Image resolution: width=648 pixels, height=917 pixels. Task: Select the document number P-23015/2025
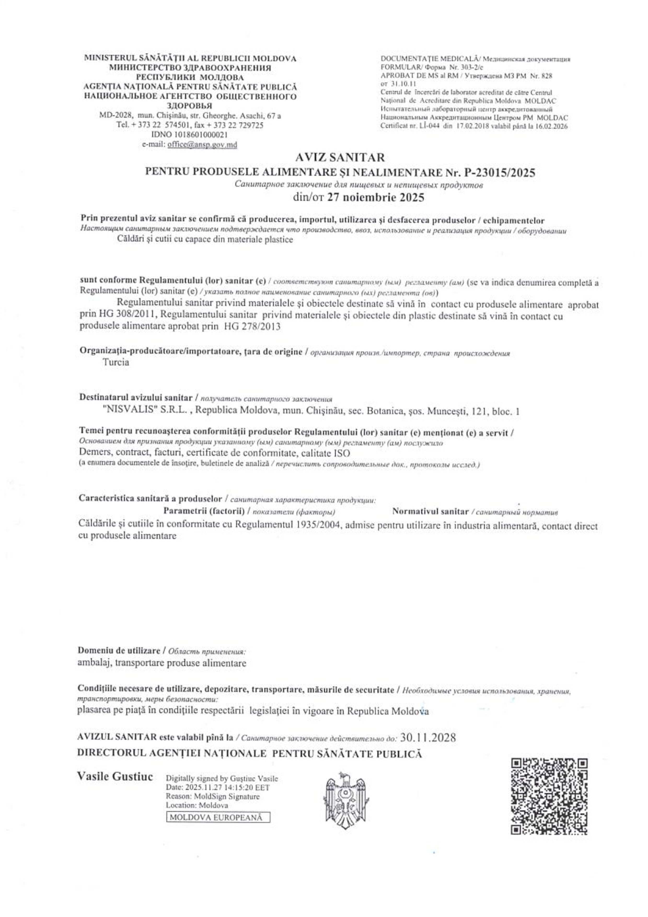tap(500, 173)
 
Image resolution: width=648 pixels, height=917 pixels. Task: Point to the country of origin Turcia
tap(116, 362)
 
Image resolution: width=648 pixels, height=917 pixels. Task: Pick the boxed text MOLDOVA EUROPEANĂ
tap(218, 817)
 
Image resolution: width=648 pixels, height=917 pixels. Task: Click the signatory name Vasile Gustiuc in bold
tap(115, 777)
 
